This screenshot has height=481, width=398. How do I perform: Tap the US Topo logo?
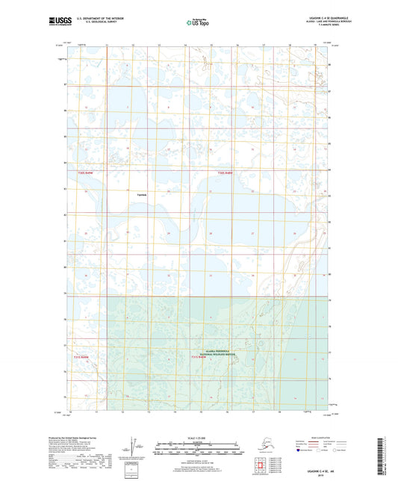click(x=197, y=23)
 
